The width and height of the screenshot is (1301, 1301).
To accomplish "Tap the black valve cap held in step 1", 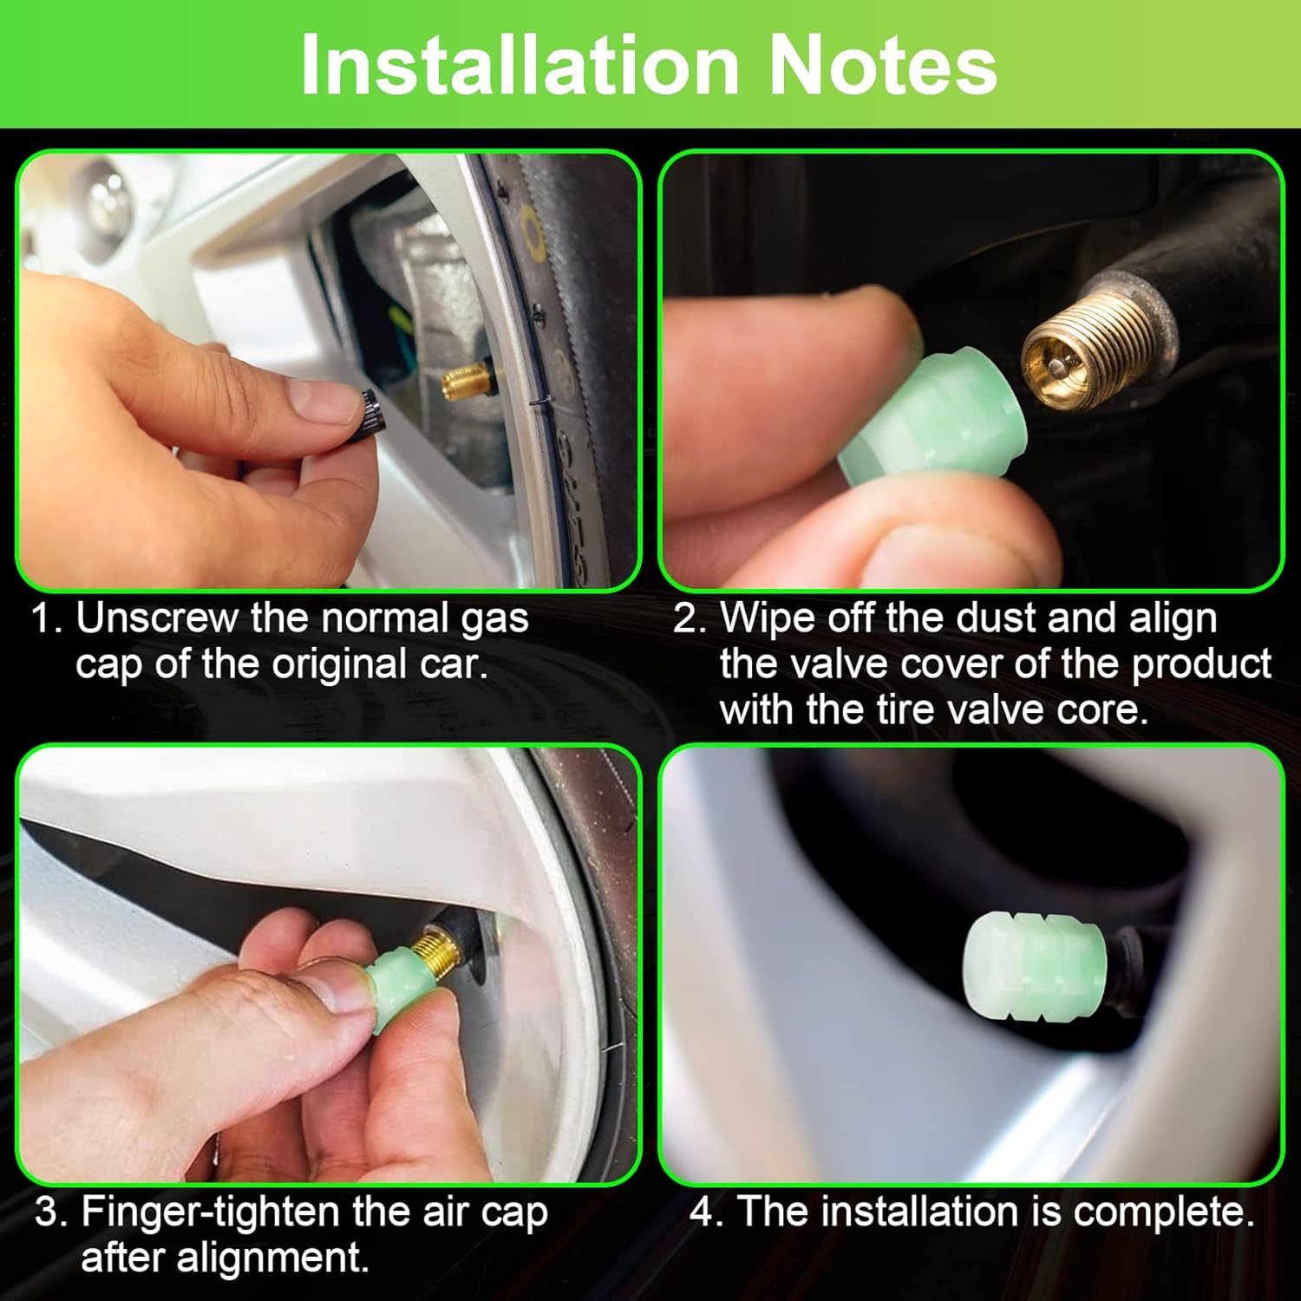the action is coord(368,417).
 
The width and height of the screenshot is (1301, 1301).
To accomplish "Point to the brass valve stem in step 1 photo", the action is coord(466,379).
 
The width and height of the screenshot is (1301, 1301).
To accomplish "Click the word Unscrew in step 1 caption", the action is coord(157,618).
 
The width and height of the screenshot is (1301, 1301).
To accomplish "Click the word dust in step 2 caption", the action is coord(997,618).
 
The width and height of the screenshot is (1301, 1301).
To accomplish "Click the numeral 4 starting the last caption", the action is coord(703,1211).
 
